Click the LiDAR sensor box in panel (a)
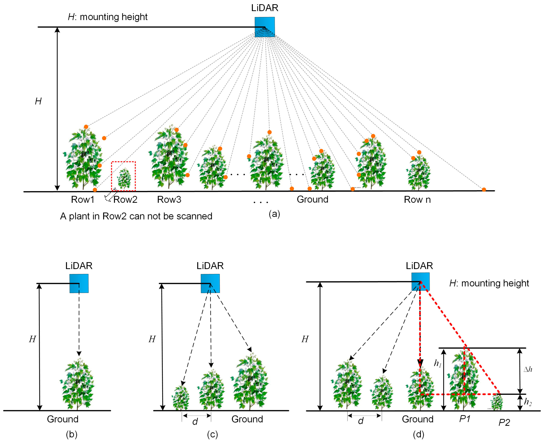tap(265, 27)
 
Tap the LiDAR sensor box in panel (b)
tap(79, 283)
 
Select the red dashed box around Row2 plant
tap(123, 176)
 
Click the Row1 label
tap(83, 200)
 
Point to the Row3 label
tap(169, 200)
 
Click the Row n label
tap(417, 200)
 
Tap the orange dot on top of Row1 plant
tap(86, 127)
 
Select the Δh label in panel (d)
tap(528, 369)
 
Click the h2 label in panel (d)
tap(528, 402)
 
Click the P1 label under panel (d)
tap(465, 419)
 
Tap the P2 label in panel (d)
tap(504, 423)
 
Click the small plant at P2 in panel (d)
tap(496, 402)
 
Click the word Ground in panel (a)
tap(312, 199)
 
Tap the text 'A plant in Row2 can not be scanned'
tap(136, 216)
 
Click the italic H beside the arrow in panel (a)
tap(38, 101)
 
